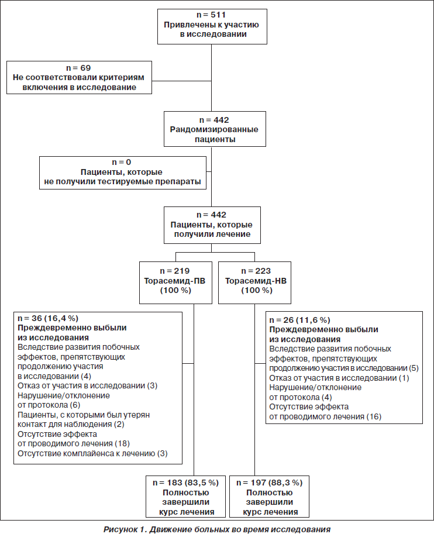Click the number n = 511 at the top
point(211,15)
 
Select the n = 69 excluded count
point(78,68)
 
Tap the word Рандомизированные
point(214,129)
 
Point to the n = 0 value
point(122,162)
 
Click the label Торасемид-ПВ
point(175,281)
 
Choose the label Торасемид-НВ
point(256,281)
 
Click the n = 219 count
point(175,271)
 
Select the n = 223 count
point(256,271)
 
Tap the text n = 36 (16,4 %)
point(48,318)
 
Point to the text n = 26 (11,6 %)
point(300,320)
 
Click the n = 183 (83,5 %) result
point(185,483)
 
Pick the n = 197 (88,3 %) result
point(270,483)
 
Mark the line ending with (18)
point(74,444)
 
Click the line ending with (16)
point(325,416)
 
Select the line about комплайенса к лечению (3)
point(92,454)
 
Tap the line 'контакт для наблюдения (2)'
point(71,425)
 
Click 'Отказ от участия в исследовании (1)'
point(339,378)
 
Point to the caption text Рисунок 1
point(125,529)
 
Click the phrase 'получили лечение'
point(212,235)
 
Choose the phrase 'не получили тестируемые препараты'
point(123,181)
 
